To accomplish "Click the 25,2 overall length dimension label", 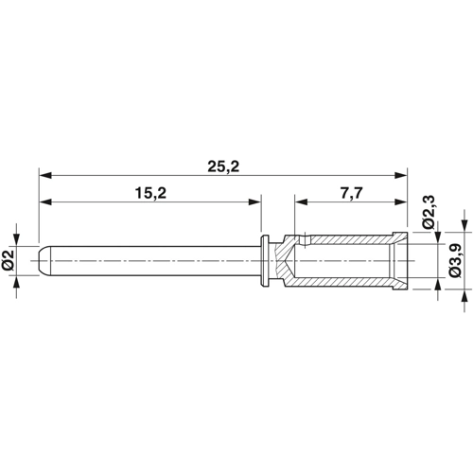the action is tap(223, 166).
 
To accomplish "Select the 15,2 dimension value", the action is tap(150, 193).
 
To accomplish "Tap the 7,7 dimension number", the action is tap(351, 193).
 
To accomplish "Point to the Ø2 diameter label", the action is tap(9, 260).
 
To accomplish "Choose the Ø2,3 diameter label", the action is tap(429, 212).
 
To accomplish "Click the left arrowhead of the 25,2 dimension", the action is tap(45, 176).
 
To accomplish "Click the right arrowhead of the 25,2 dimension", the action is tap(401, 176).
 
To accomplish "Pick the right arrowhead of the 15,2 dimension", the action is tap(254, 202).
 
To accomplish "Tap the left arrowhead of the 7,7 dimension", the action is tap(301, 202).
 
